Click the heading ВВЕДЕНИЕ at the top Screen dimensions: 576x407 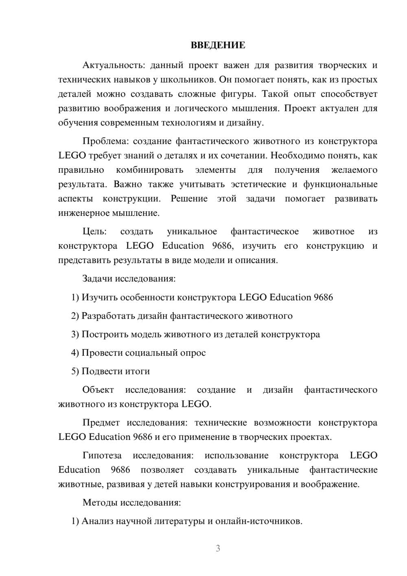218,45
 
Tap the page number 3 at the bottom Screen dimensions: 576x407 218,548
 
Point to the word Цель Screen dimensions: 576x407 94,231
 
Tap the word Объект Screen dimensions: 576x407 98,390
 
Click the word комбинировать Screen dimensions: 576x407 150,170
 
